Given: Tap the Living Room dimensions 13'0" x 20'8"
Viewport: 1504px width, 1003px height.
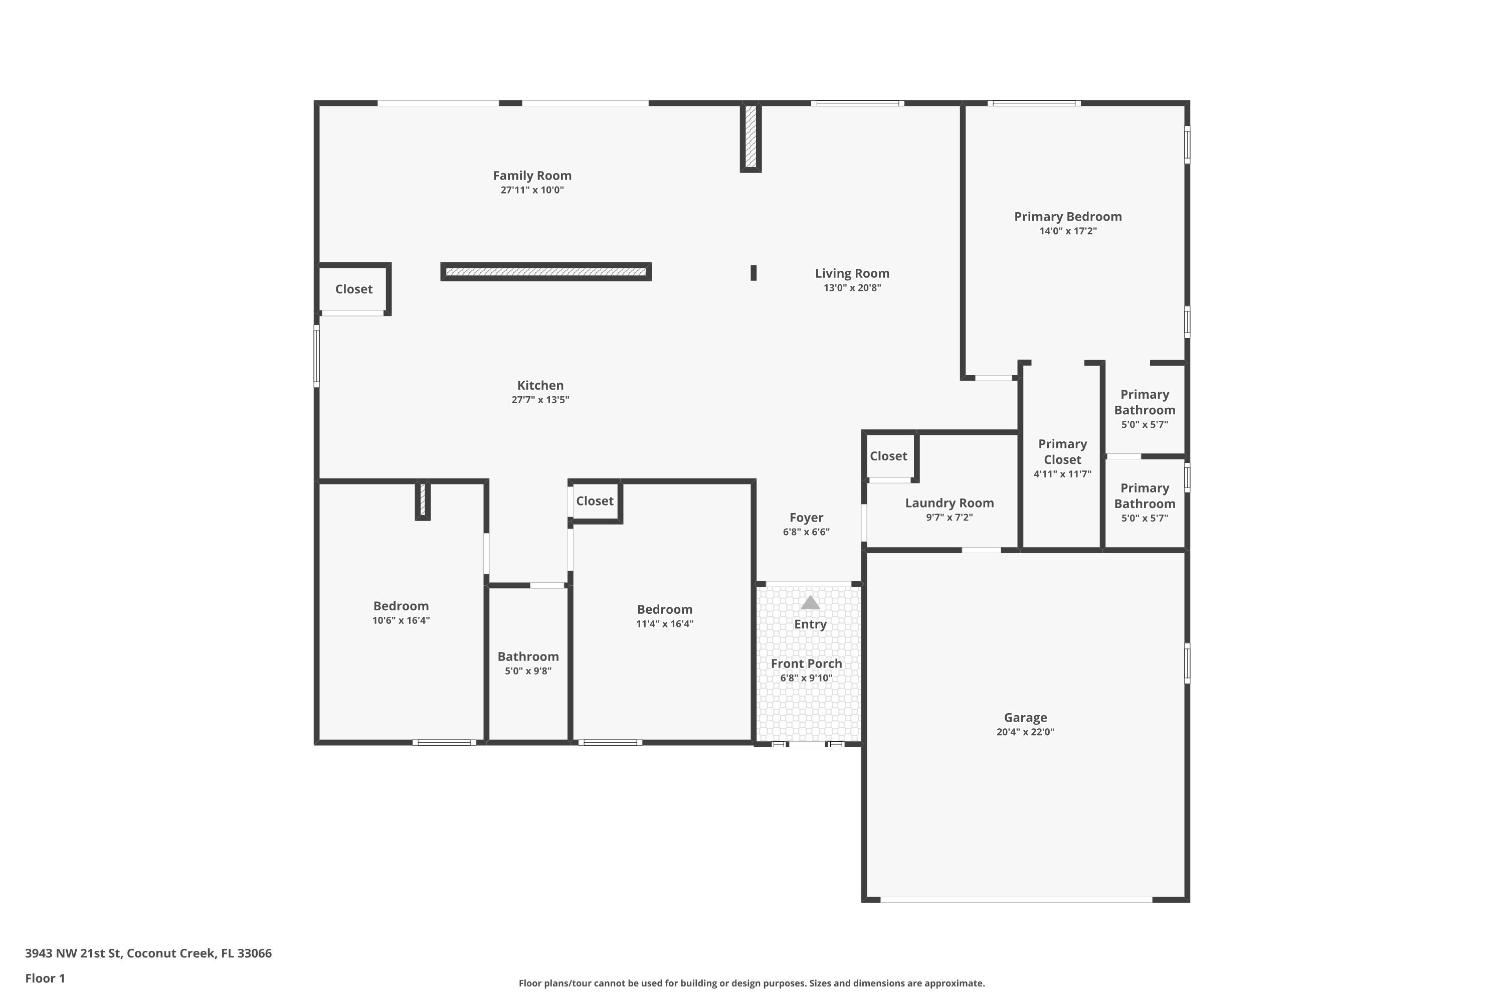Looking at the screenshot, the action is pos(852,288).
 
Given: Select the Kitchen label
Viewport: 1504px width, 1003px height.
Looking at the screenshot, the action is pos(540,385).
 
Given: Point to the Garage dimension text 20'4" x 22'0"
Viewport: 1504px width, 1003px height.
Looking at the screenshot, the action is pos(1025,732).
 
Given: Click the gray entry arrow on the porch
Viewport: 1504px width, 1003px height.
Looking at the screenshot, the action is pos(810,603).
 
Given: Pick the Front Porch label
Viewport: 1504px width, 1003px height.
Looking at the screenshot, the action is pos(806,663).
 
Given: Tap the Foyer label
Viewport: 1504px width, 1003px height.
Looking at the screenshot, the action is pos(806,518).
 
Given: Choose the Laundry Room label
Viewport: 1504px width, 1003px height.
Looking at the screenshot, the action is pos(950,504).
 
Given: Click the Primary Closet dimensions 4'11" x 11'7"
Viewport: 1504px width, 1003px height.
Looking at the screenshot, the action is pos(1062,474).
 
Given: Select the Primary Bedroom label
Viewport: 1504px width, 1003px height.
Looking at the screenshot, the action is pos(1068,217).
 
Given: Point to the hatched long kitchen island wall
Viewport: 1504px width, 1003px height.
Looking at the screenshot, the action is pos(546,272).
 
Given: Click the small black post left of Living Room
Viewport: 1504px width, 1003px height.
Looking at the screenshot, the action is pos(754,273).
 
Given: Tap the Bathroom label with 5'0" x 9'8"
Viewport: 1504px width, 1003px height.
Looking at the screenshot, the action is pos(528,656).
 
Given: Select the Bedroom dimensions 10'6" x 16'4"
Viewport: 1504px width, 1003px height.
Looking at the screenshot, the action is pos(401,620).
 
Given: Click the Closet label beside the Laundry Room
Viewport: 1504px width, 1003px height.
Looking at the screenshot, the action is pos(888,456).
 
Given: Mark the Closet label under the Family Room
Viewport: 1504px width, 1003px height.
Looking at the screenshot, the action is pos(353,289).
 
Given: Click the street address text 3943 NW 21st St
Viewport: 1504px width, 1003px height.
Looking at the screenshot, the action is pos(73,953).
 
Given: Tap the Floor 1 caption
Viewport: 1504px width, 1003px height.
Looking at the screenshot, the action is pos(45,978).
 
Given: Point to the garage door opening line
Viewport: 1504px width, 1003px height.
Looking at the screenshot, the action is pos(1017,899).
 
